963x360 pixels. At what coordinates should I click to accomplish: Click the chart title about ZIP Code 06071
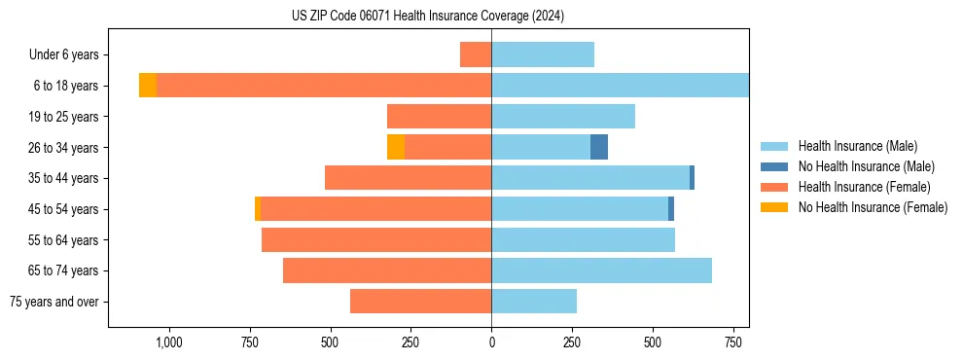[x=427, y=17]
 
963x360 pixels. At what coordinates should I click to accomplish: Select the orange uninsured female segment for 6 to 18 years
[x=147, y=86]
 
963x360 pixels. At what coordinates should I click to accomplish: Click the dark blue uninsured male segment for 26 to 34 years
[x=599, y=147]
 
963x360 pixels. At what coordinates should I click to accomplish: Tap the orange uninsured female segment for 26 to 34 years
[x=395, y=147]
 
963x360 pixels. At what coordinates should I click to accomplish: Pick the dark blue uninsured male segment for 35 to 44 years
[x=692, y=178]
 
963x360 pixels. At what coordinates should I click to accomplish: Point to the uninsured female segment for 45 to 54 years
[x=258, y=209]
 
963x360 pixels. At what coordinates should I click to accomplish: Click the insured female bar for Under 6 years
[x=476, y=54]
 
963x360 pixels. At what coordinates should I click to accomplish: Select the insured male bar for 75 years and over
[x=534, y=302]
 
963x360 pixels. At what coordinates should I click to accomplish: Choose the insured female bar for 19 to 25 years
[x=439, y=117]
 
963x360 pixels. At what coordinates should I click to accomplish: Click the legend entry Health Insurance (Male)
[x=857, y=146]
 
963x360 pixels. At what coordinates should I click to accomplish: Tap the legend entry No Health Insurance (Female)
[x=872, y=207]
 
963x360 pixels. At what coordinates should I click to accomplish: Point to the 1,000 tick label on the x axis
[x=169, y=343]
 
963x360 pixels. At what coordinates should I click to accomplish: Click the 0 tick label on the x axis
[x=491, y=343]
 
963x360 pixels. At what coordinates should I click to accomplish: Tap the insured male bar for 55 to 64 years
[x=583, y=240]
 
